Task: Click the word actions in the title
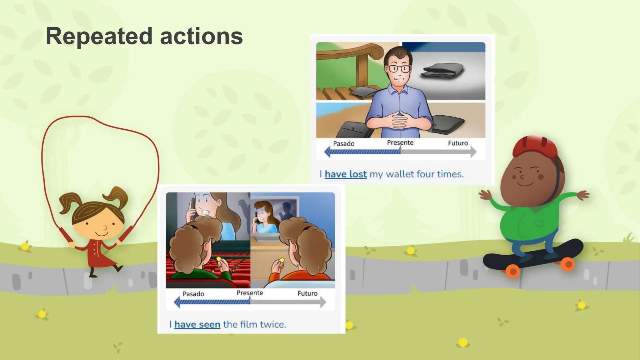point(201,36)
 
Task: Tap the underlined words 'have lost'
point(346,174)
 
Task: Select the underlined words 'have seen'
point(197,324)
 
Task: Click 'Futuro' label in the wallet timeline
point(458,143)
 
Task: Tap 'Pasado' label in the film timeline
point(193,294)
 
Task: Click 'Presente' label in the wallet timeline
point(400,142)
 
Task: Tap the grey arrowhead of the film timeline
point(323,302)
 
